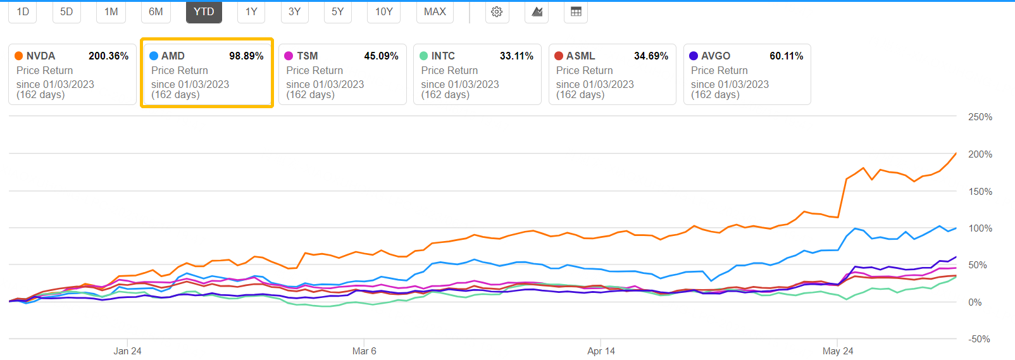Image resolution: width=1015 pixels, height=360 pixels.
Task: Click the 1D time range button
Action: [x=23, y=12]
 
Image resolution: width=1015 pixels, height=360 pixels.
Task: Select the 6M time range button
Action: [x=156, y=12]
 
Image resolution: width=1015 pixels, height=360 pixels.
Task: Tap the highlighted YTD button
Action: [x=204, y=12]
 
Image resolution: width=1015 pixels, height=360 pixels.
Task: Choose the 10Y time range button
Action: [x=383, y=12]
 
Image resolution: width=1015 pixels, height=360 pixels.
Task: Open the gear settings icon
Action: [x=497, y=12]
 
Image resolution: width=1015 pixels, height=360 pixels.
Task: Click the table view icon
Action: [x=576, y=12]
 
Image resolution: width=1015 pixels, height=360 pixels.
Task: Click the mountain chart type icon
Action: [x=537, y=12]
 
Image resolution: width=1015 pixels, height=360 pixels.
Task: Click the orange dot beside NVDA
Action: [x=19, y=56]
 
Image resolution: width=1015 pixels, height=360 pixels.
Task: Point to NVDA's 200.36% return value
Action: [x=108, y=56]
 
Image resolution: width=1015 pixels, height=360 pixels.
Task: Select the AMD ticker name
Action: [x=173, y=56]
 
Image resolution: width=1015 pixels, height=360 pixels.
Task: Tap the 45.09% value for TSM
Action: [x=381, y=56]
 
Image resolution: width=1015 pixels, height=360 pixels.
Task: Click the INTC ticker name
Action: [x=443, y=56]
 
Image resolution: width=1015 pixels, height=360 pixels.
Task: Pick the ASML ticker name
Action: [x=580, y=56]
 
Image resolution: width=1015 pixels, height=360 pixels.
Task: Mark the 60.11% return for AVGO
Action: [x=786, y=56]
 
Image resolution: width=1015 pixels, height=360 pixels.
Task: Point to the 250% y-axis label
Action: [x=980, y=117]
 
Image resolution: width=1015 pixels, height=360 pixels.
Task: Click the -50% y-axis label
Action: [x=979, y=339]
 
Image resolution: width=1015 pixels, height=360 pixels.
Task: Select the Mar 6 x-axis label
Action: [x=364, y=351]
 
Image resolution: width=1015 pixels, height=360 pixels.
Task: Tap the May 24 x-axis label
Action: [x=837, y=351]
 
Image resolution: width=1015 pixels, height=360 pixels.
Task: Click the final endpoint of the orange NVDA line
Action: [x=956, y=153]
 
